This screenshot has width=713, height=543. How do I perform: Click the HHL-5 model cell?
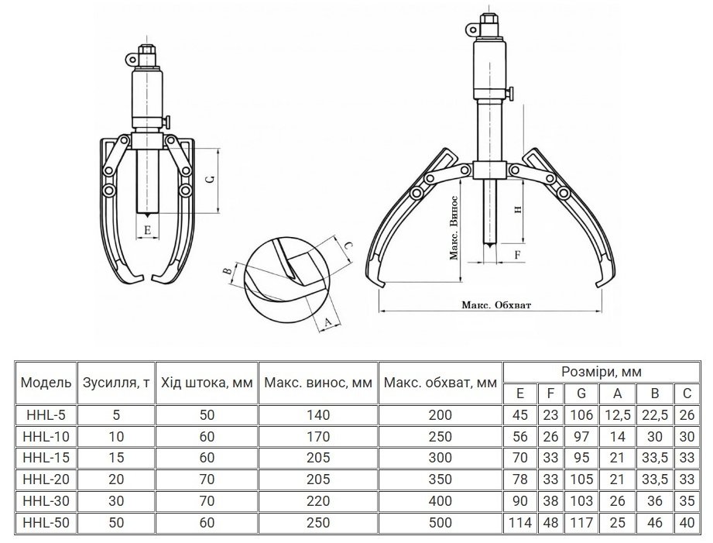[46, 415]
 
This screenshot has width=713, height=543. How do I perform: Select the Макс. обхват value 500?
[440, 523]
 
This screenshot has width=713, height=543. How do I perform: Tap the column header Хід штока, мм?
[207, 383]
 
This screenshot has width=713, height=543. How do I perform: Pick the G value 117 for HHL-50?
[581, 523]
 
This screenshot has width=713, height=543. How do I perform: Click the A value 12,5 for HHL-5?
[617, 415]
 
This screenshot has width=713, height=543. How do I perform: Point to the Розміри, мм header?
[602, 372]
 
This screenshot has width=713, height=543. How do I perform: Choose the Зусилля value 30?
[116, 501]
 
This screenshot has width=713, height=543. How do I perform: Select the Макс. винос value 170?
[318, 437]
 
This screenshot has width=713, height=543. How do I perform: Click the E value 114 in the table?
[520, 523]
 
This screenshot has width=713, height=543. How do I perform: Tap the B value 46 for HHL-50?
[655, 523]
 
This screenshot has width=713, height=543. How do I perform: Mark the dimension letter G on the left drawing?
[210, 180]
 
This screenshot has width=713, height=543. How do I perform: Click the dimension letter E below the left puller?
[147, 230]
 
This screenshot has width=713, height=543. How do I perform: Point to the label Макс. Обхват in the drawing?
[496, 305]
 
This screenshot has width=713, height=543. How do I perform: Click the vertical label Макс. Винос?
[454, 228]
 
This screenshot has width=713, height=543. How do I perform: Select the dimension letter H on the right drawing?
[517, 209]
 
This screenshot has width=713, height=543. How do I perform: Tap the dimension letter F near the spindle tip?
[517, 255]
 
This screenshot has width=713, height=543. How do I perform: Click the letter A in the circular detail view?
[327, 322]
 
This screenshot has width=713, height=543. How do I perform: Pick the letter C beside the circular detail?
[347, 246]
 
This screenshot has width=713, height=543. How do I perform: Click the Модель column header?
[46, 383]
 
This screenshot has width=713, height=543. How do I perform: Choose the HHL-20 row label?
[46, 479]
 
